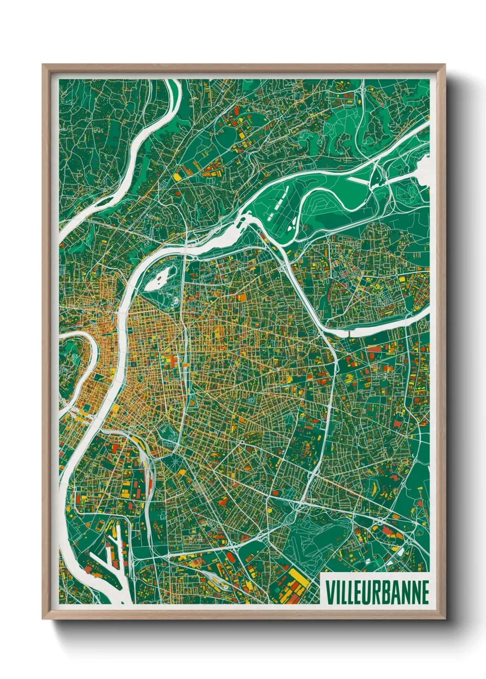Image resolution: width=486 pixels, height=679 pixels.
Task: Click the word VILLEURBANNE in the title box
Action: (377, 592)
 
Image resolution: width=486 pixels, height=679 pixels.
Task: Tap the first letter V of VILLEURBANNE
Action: (330, 592)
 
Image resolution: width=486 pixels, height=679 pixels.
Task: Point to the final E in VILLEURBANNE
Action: (424, 592)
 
